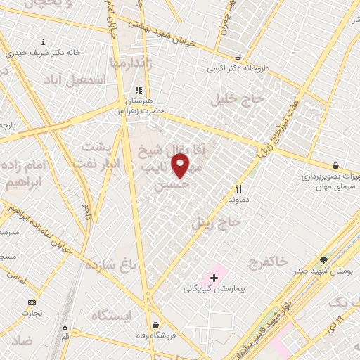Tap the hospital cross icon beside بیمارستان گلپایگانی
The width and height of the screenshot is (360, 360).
[214, 278]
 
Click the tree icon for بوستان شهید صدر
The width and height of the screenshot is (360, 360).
[323, 259]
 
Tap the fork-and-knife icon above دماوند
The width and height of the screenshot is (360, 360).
[239, 188]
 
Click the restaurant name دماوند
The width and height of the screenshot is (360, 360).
[239, 200]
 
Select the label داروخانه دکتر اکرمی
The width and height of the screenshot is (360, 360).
[238, 69]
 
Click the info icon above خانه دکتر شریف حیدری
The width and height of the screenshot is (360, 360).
[44, 41]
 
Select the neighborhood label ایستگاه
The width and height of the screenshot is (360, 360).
[111, 315]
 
